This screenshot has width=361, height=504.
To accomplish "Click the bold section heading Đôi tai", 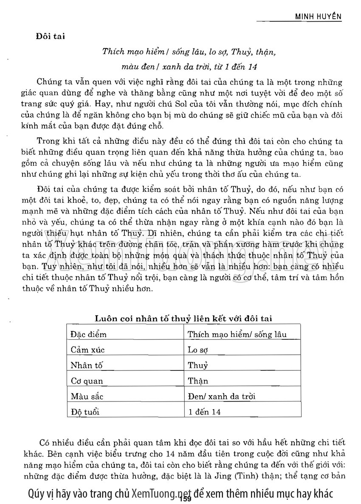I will [x=50, y=37].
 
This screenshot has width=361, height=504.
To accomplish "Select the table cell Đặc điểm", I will [x=88, y=334].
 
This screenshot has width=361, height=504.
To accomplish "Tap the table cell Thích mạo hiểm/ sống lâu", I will [x=237, y=334].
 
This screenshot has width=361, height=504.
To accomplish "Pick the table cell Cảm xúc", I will [x=87, y=350].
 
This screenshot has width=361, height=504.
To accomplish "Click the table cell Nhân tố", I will [x=87, y=365].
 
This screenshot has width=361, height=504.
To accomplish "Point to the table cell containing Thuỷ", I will [x=198, y=365].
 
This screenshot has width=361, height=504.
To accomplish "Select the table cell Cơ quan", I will [x=87, y=381].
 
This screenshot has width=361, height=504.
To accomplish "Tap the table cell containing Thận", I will [x=198, y=381].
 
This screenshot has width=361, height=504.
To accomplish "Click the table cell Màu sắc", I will [x=87, y=396].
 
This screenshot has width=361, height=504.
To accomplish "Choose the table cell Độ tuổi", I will [x=87, y=412].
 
